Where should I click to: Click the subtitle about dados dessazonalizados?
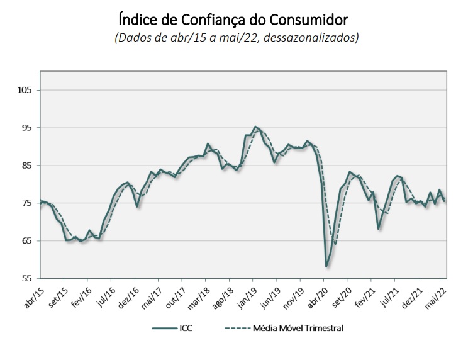(237, 37)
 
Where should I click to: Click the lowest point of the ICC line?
(326, 266)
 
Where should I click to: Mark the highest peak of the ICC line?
(255, 127)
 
